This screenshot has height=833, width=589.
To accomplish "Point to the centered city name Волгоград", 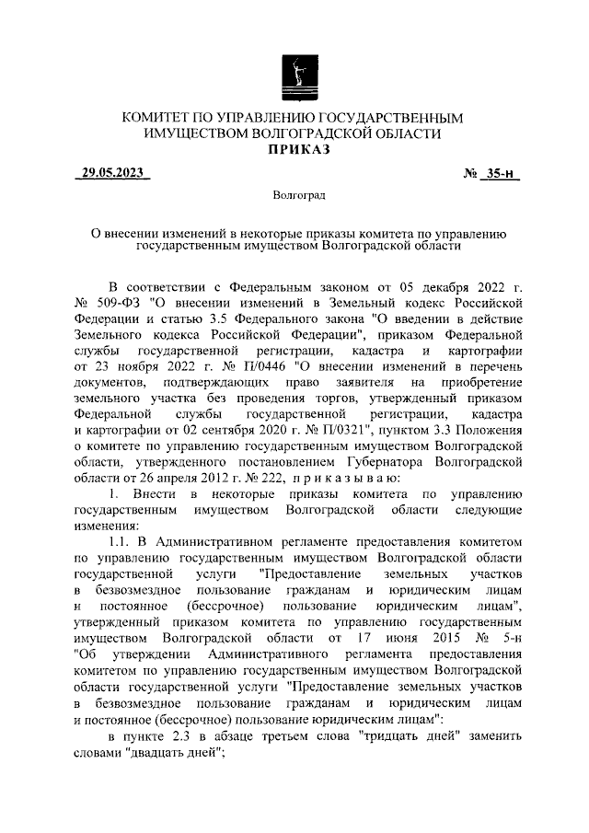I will point(294,196).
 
